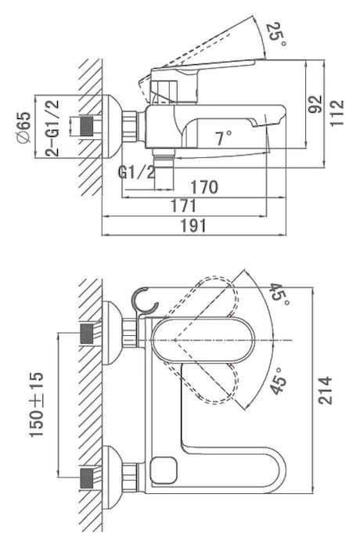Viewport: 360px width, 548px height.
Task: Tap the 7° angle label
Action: click(x=224, y=138)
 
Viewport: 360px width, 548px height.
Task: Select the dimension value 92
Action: click(x=316, y=104)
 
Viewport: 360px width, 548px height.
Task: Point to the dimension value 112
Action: click(x=337, y=113)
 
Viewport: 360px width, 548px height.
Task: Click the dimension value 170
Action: click(x=204, y=187)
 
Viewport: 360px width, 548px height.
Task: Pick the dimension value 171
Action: click(x=183, y=206)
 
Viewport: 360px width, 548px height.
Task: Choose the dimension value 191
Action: click(x=193, y=225)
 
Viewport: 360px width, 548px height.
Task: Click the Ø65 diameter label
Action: click(x=23, y=127)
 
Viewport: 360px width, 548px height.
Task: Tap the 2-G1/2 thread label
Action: click(x=52, y=128)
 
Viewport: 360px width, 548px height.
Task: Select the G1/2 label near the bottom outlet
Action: click(x=136, y=172)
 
